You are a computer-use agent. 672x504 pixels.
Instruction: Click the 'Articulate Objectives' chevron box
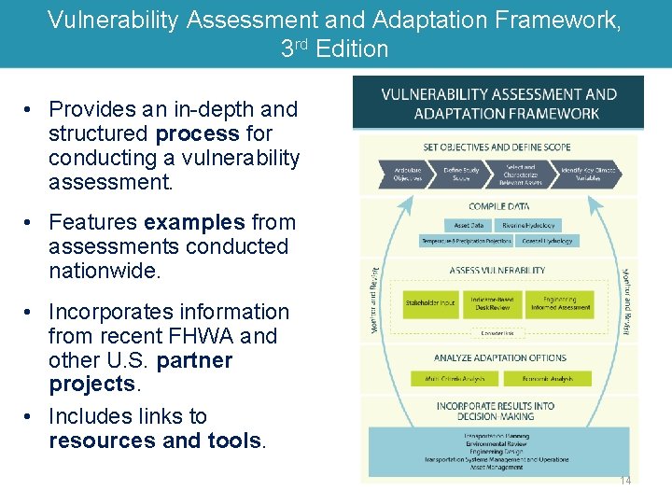coord(408,175)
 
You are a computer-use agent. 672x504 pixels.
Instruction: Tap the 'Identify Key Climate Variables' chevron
coord(588,175)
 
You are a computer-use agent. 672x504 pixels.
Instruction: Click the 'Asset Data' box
coord(469,225)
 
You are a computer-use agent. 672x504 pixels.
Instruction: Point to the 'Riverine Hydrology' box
coord(529,225)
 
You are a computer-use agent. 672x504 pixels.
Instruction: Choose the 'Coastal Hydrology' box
coord(547,241)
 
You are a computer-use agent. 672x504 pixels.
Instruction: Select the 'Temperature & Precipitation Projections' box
coord(467,241)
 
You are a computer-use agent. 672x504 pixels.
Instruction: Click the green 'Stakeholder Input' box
coord(430,302)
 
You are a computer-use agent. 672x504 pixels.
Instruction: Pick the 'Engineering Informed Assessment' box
coord(560,302)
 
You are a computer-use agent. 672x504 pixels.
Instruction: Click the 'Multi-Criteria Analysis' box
coord(455,379)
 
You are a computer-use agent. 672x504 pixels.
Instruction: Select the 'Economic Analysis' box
coord(547,379)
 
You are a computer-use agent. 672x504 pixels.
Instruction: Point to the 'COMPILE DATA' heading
coord(498,207)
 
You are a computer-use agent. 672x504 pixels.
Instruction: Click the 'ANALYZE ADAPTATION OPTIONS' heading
coord(499,357)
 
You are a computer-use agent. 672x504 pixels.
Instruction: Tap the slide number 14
coord(624,480)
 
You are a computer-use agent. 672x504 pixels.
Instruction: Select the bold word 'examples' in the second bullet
coord(193,222)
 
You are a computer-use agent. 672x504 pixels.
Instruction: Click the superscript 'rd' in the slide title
coord(302,43)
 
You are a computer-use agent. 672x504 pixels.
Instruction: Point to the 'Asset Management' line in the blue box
coord(497,468)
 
